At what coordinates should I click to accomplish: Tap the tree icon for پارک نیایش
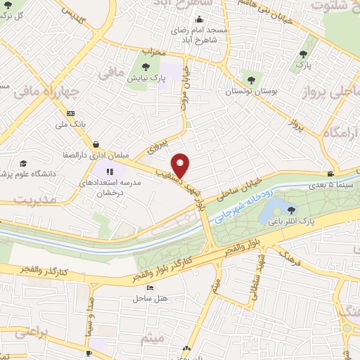coord(146,67)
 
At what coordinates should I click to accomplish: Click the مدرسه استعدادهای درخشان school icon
coord(108,170)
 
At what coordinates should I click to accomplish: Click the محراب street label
coord(153,52)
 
